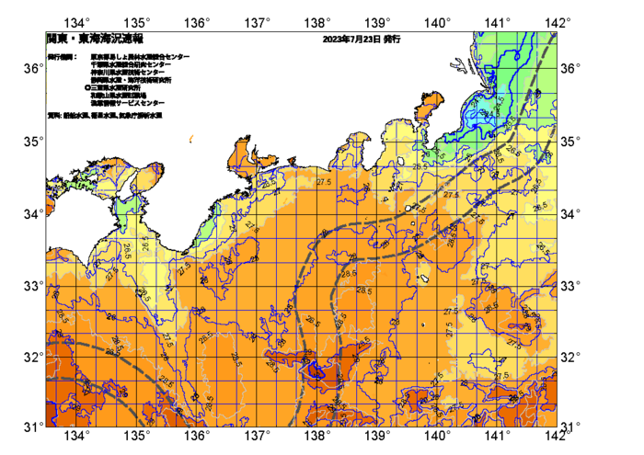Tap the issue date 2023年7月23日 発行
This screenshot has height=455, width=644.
click(x=362, y=40)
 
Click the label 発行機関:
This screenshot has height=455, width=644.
click(x=62, y=57)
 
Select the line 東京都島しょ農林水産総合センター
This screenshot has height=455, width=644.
click(x=140, y=57)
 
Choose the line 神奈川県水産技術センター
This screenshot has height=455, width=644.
click(x=129, y=72)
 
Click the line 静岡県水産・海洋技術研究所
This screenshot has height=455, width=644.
click(x=132, y=80)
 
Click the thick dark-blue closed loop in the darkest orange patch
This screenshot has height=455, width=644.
click(x=316, y=370)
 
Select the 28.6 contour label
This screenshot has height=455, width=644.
click(x=349, y=273)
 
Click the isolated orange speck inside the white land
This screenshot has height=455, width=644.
click(x=191, y=139)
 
